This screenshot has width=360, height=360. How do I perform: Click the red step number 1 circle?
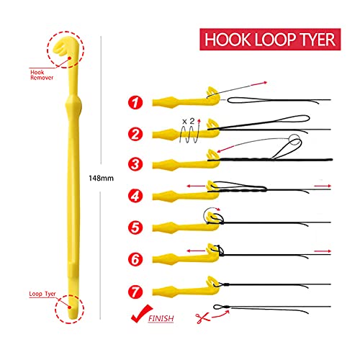pos(135,102)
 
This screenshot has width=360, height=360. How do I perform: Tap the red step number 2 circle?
pos(135,134)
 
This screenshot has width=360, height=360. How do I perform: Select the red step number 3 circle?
pos(135,164)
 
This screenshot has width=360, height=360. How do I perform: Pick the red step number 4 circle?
pos(135,196)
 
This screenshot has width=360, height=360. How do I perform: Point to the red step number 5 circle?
pos(135,228)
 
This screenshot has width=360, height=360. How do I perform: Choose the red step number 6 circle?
pos(135,258)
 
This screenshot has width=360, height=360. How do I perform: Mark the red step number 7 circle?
pos(135,292)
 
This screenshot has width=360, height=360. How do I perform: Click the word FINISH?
pos(161,318)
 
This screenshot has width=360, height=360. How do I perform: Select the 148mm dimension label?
pos(101,179)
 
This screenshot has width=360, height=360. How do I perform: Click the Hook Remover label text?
pos(42,75)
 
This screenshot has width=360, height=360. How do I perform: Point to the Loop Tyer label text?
pos(42,294)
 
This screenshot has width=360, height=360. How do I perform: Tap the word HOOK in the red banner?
pos(227,40)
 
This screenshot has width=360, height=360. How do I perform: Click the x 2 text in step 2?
pos(188,122)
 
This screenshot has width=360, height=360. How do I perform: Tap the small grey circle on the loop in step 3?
pos(294,140)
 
